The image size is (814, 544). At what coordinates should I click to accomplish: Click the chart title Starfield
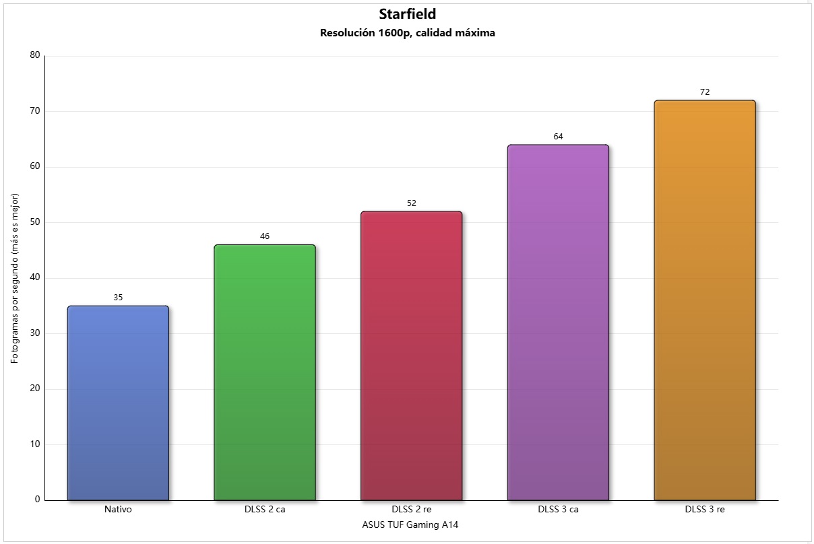407,14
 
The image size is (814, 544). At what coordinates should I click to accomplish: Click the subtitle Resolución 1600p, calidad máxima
407,33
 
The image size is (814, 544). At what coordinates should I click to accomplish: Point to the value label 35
118,297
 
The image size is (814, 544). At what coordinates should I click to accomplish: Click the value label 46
265,236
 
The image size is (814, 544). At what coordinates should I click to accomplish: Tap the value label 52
411,203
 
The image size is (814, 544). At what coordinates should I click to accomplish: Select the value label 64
558,136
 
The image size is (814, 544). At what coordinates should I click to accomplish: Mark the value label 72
705,92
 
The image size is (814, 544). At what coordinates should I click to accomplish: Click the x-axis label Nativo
118,510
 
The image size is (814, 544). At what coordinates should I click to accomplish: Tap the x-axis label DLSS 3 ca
558,510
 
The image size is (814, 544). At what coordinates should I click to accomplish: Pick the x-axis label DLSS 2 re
411,510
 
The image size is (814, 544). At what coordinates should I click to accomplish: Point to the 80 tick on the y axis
35,55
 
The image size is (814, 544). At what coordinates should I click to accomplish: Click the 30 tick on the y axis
35,333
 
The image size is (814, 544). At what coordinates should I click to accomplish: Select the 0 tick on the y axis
37,500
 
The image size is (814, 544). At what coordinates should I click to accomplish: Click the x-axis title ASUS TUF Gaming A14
410,525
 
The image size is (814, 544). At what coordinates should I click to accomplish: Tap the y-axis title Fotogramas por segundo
15,278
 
